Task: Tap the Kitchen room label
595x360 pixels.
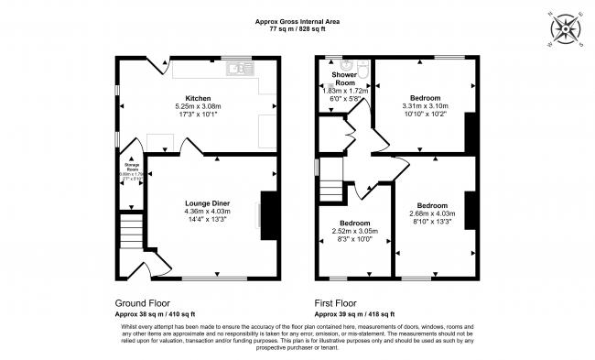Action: point(199,98)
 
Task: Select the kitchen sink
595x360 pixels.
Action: point(243,67)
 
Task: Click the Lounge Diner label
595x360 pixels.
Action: point(207,202)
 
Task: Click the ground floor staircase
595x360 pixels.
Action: point(135,229)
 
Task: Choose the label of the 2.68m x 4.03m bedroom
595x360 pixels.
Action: point(432,205)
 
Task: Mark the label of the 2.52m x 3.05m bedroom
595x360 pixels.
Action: point(355,224)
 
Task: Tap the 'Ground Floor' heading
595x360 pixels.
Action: point(142,302)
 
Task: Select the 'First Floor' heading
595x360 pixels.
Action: point(339,302)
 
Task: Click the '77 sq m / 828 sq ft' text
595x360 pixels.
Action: point(297,29)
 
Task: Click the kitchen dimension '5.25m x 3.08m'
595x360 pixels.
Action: point(199,107)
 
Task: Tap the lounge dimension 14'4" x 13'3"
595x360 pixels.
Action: point(207,220)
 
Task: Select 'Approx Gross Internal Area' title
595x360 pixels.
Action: point(297,20)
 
